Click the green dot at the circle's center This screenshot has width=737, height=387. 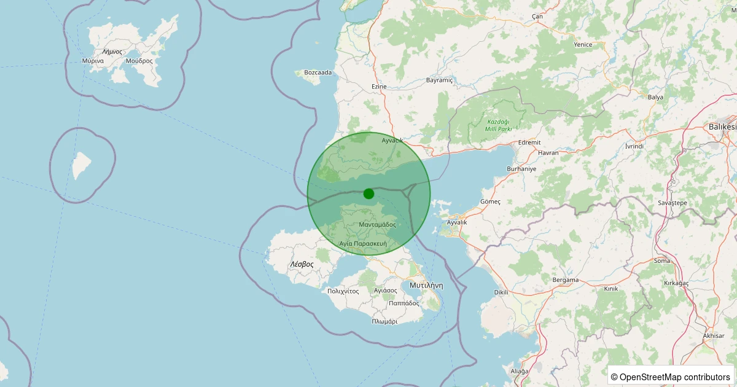tap(368, 193)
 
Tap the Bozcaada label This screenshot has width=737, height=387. tap(318, 72)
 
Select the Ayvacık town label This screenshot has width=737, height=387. tap(392, 141)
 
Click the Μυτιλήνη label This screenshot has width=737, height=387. tap(426, 286)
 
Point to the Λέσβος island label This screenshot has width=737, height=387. tap(302, 264)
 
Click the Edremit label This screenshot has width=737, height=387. tap(529, 143)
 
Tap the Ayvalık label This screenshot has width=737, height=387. tap(457, 222)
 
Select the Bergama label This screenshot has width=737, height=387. tap(566, 280)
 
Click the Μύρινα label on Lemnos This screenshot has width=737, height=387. tap(93, 61)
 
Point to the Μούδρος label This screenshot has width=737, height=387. tap(139, 61)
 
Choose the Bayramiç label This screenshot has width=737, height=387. tap(439, 80)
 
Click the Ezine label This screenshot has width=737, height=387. tap(379, 87)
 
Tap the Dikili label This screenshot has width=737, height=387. tap(501, 292)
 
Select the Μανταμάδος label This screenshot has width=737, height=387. tap(377, 225)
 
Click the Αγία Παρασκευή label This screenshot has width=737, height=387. tap(363, 244)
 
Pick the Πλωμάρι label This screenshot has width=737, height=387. tap(384, 321)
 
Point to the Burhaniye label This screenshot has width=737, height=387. tap(521, 168)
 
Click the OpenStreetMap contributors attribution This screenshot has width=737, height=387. tap(671, 377)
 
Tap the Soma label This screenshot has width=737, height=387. tap(662, 261)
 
